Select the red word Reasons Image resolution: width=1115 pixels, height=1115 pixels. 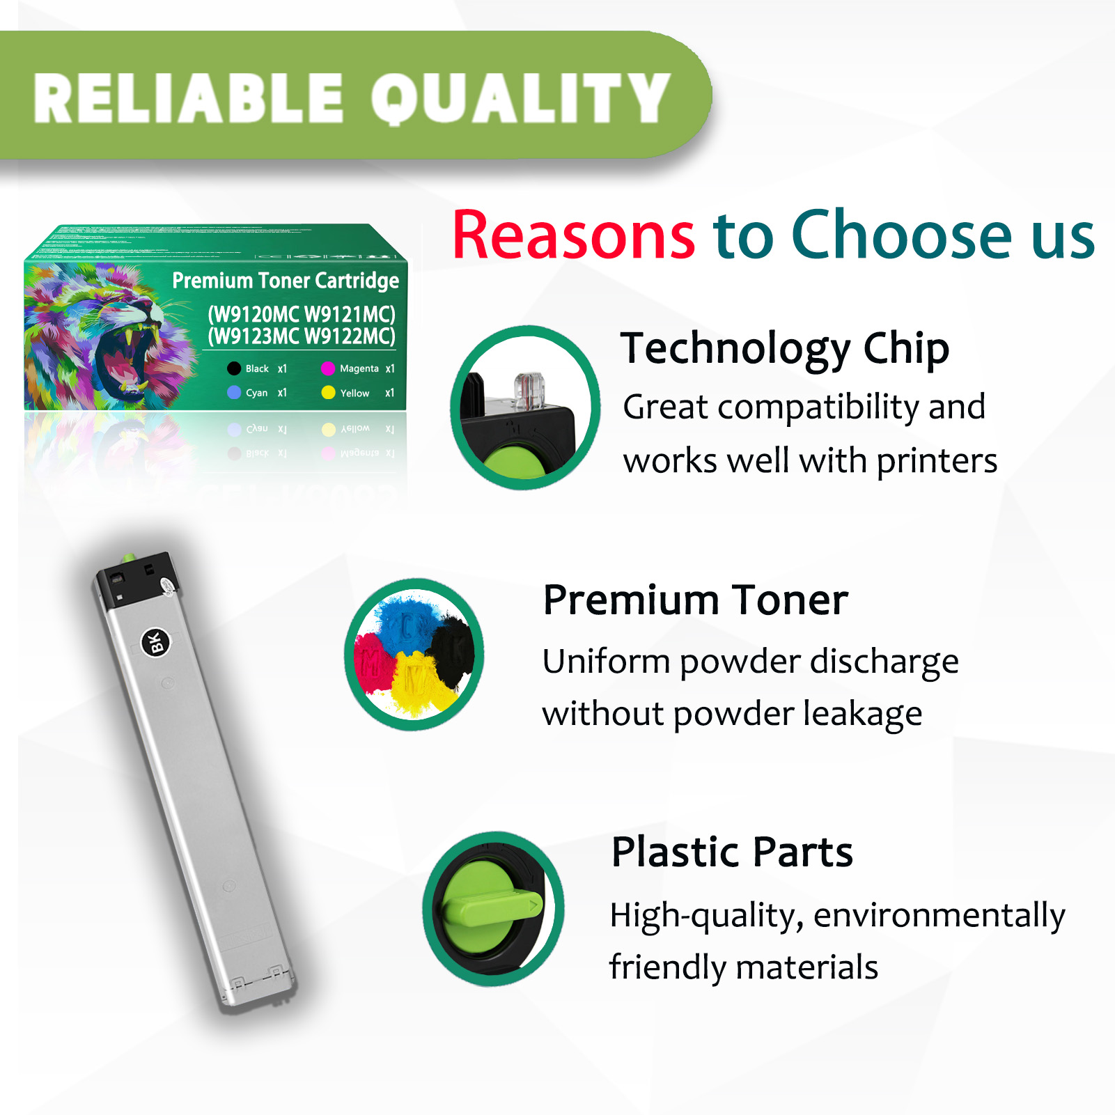(573, 235)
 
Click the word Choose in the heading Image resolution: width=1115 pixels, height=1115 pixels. (901, 235)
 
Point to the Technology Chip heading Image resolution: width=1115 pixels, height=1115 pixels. (784, 348)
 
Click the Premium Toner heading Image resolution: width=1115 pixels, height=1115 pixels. (695, 600)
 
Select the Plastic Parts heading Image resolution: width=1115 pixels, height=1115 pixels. (731, 852)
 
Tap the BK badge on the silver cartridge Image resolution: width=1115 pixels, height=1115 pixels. (156, 642)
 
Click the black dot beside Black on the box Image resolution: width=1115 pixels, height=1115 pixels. (234, 368)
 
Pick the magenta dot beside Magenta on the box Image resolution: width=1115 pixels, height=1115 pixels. (328, 368)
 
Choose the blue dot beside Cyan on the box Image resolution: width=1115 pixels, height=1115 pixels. (234, 393)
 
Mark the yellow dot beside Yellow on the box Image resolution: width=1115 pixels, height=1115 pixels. (328, 393)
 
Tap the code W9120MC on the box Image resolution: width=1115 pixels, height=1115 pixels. (254, 315)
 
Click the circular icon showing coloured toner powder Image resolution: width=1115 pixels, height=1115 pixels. (414, 655)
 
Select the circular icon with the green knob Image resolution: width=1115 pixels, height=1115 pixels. (493, 909)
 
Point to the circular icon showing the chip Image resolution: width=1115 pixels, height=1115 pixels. (525, 407)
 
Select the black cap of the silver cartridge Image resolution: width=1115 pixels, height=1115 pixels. (136, 577)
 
